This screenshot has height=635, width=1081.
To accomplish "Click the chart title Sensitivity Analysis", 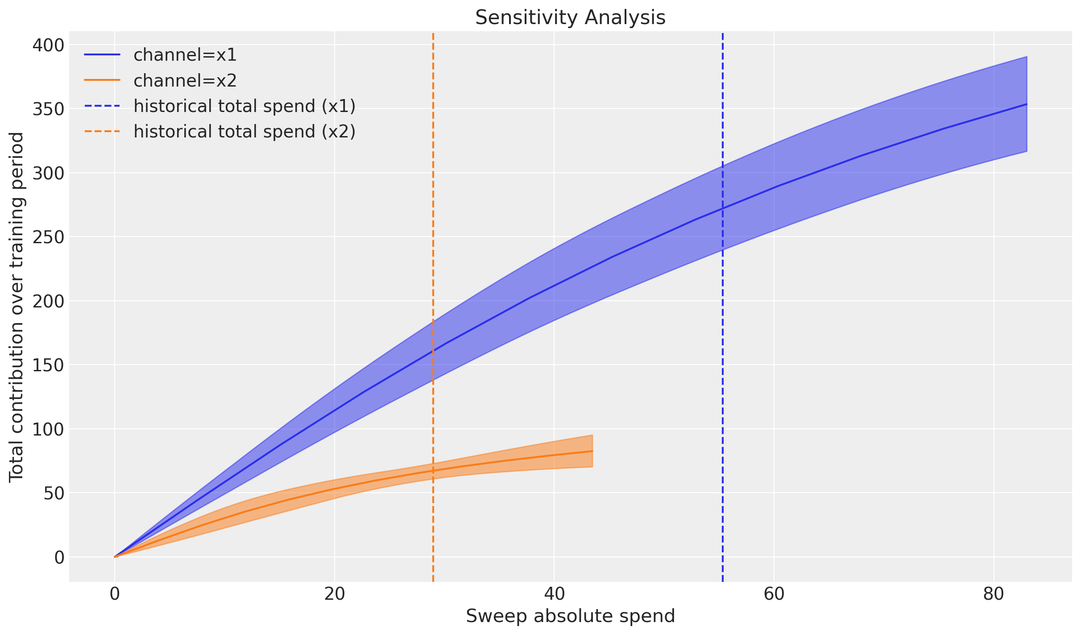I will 570,18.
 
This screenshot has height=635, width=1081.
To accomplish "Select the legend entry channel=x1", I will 185,55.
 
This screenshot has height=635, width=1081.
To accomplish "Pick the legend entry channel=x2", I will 185,81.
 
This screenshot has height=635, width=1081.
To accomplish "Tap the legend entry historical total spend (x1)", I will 244,106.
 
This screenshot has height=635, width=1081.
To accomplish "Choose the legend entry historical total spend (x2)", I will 244,132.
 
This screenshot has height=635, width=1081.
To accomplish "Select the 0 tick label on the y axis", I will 59,557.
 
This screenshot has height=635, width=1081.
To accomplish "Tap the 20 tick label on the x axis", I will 334,594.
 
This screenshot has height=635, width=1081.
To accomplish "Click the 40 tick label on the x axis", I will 554,594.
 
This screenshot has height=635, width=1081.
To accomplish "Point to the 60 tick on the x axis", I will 774,594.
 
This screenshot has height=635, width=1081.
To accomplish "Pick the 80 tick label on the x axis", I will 994,594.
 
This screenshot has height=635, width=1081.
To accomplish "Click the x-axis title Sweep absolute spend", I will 570,616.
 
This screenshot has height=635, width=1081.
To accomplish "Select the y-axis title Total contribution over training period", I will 17,307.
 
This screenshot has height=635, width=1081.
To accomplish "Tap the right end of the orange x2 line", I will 592,451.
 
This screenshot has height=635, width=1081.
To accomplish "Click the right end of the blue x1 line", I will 1027,104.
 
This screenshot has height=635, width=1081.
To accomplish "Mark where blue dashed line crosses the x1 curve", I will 722,208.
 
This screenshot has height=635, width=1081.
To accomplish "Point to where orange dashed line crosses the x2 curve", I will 433,471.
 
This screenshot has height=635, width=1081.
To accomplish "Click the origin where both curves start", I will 115,557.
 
